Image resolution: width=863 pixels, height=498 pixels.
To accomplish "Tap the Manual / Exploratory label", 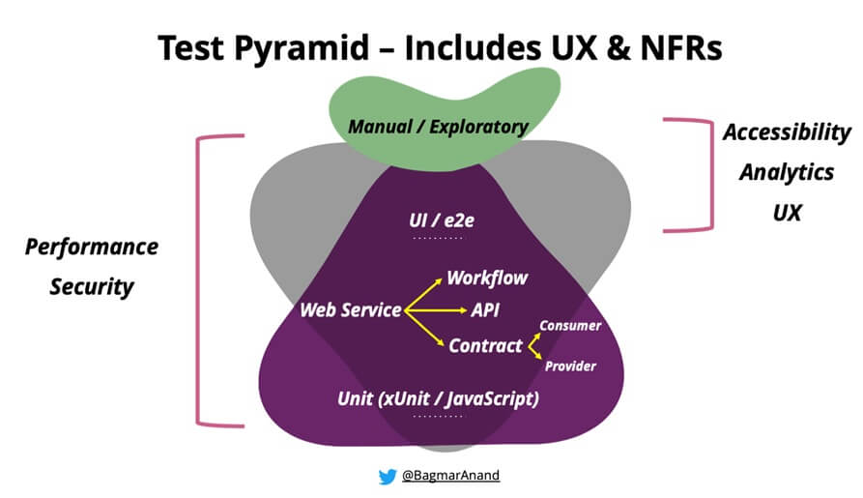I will [x=438, y=127].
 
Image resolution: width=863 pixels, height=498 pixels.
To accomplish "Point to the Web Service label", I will [x=350, y=310].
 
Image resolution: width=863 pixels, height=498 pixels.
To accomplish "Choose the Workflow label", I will [x=487, y=278].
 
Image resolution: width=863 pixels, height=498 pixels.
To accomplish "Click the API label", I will [x=484, y=310].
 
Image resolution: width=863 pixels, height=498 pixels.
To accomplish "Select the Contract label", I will [x=485, y=345].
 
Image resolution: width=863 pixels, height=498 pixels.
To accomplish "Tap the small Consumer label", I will [x=570, y=326].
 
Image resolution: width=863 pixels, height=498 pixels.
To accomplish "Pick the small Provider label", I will [x=570, y=366].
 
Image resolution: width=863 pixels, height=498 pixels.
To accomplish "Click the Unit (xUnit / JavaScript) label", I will [x=438, y=398].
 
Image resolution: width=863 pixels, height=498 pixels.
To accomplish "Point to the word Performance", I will [x=92, y=247].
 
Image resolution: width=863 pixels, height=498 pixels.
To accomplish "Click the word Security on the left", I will [x=92, y=286].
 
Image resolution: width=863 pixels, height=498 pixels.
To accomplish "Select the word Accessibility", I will [x=787, y=132].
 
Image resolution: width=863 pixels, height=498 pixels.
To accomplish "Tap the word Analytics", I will [x=787, y=172].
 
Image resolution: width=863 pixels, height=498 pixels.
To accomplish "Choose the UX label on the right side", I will [x=787, y=212].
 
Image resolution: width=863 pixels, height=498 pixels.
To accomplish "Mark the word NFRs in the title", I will [x=676, y=45].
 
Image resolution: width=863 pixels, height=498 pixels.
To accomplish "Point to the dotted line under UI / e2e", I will [x=438, y=238].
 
